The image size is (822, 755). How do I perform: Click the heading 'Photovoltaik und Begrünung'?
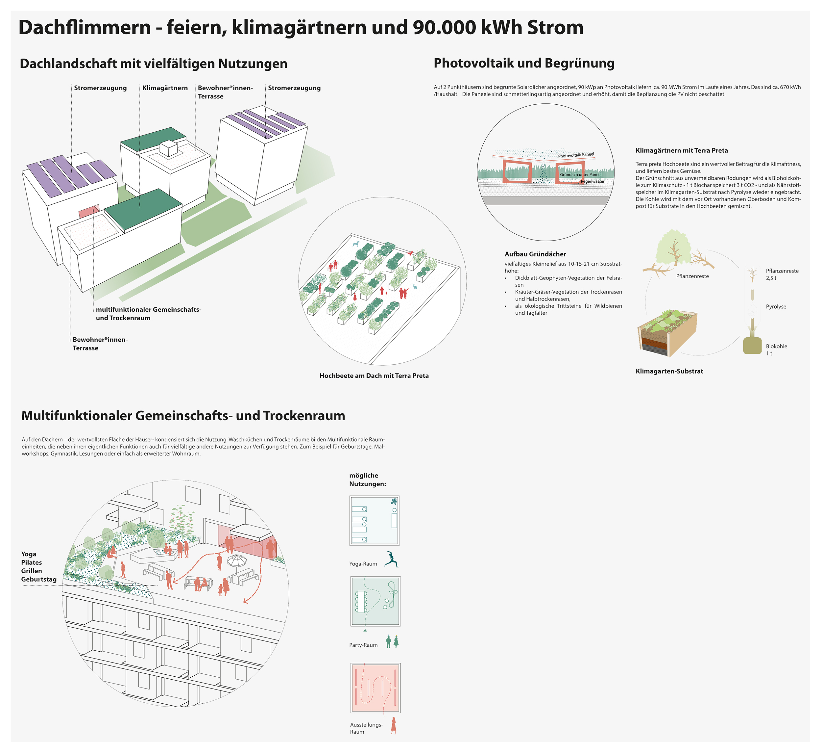click(x=524, y=63)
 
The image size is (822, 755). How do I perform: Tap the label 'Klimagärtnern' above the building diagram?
click(x=165, y=88)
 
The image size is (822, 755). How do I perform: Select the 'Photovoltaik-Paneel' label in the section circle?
click(x=575, y=155)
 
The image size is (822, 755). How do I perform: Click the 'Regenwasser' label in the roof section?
click(x=592, y=181)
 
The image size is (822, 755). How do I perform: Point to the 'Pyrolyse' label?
click(x=775, y=307)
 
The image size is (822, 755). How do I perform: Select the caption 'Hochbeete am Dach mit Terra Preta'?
click(x=374, y=376)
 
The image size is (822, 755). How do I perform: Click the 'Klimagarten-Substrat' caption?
click(x=669, y=371)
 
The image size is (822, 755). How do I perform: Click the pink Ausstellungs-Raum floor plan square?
click(x=375, y=688)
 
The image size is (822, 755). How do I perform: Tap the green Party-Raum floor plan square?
click(x=375, y=601)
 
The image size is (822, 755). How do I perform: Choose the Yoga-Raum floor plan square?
click(x=374, y=520)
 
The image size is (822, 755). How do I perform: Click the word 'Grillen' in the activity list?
click(x=32, y=571)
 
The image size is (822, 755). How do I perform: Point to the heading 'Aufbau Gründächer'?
click(x=535, y=254)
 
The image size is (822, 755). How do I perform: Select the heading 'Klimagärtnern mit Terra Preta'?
click(x=682, y=150)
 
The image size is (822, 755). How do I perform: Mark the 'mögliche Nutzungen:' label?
click(x=367, y=480)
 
